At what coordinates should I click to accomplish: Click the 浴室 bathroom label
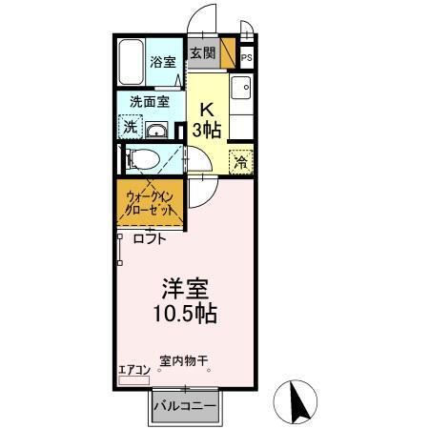(163, 64)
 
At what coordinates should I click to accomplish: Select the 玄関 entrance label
(202, 52)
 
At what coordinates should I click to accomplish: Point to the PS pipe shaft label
(246, 58)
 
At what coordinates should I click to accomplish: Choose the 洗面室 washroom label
(149, 99)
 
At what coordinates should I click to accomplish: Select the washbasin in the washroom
(159, 131)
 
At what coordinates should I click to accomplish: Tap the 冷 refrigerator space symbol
(241, 162)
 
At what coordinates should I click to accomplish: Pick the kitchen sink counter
(241, 110)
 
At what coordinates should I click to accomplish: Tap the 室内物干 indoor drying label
(184, 361)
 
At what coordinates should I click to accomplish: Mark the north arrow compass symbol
(298, 402)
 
